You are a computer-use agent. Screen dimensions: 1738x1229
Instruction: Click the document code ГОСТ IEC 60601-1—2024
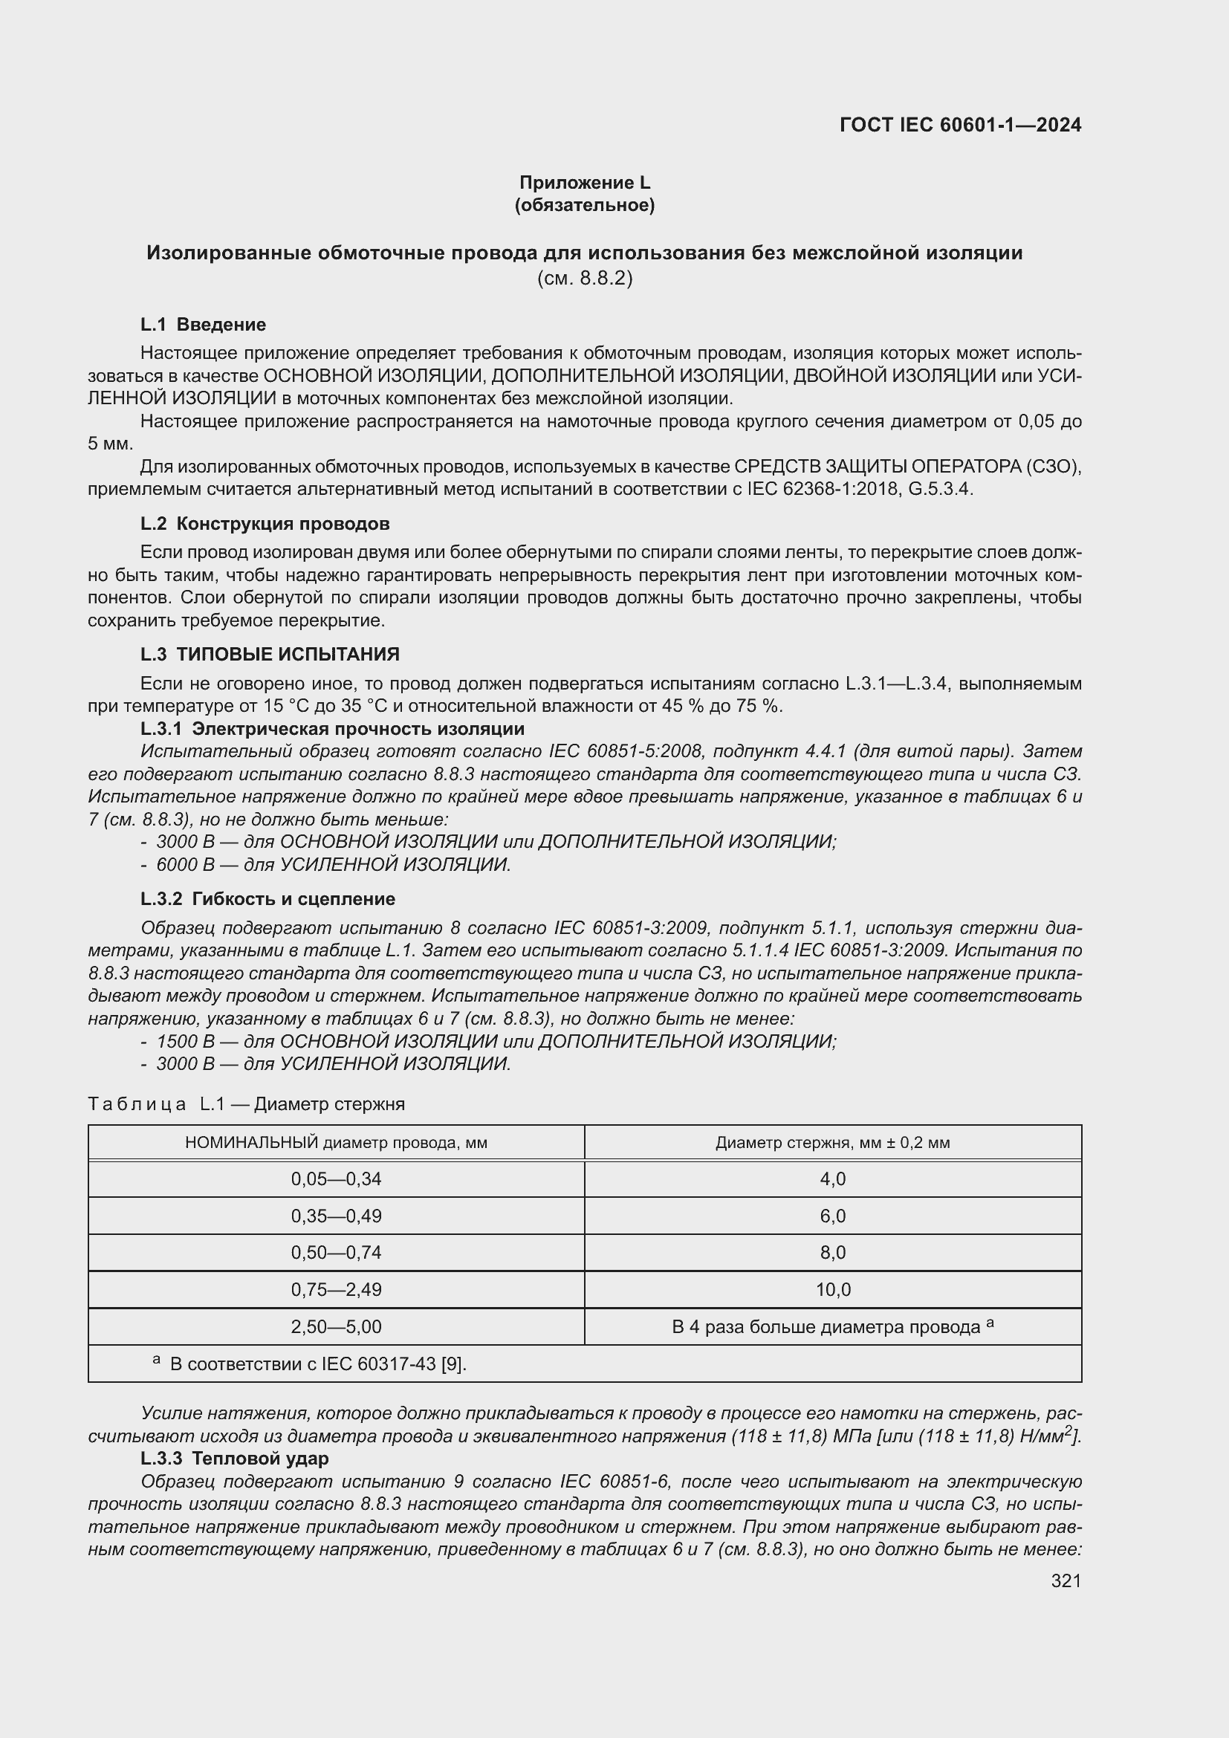[x=959, y=125]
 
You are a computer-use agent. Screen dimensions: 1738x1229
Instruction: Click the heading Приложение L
[x=584, y=183]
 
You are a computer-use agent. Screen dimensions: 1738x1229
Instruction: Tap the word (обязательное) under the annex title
[x=584, y=205]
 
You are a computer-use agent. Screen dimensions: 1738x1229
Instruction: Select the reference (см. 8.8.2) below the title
[x=584, y=279]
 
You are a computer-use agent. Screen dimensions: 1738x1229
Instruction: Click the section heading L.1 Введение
[x=203, y=325]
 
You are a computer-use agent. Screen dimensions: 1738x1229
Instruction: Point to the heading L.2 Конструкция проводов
[x=265, y=524]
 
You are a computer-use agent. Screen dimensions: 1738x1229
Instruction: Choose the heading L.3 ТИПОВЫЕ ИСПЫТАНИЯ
[x=270, y=654]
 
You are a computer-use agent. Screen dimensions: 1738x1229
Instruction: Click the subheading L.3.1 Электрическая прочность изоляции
[x=332, y=729]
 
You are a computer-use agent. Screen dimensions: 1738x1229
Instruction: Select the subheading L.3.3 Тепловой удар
[x=235, y=1458]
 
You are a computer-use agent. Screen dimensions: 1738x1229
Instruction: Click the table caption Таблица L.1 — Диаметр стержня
[x=246, y=1104]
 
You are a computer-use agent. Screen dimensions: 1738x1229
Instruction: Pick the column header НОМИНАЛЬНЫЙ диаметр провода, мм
[x=336, y=1143]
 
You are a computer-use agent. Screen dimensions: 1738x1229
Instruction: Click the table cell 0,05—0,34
[x=336, y=1179]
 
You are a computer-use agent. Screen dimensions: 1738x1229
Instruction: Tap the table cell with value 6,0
[x=832, y=1216]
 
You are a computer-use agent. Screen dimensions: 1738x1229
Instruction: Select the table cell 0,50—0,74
[x=336, y=1253]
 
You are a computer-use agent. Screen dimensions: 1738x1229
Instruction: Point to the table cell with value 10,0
[x=832, y=1290]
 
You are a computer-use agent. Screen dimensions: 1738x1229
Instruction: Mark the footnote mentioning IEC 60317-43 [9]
[x=317, y=1364]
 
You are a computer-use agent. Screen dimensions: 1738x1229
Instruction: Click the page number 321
[x=1066, y=1580]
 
